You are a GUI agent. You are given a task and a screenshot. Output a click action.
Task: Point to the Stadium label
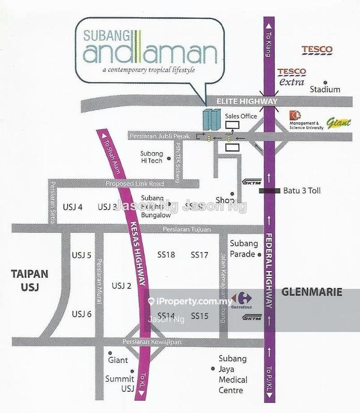pyautogui.click(x=325, y=89)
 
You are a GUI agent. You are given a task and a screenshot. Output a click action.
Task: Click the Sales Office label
pyautogui.click(x=241, y=117)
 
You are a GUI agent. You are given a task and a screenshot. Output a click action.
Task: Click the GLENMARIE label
pyautogui.click(x=312, y=292)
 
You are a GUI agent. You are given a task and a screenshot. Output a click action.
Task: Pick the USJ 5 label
pyautogui.click(x=82, y=255)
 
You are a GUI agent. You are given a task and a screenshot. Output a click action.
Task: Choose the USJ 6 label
pyautogui.click(x=82, y=313)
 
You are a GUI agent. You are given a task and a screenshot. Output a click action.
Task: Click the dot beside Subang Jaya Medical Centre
pyautogui.click(x=212, y=369)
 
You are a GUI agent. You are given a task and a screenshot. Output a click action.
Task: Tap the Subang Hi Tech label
pyautogui.click(x=151, y=157)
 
